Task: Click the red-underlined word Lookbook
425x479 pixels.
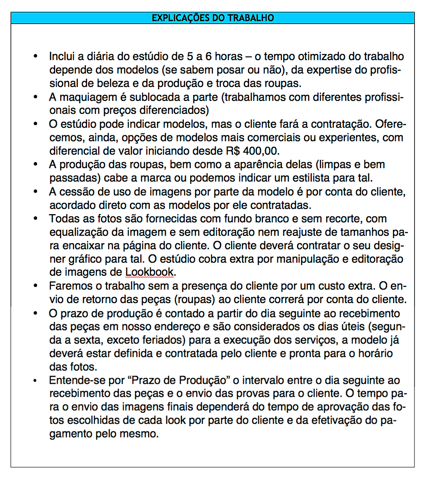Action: (x=149, y=272)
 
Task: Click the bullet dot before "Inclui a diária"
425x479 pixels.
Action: (x=37, y=57)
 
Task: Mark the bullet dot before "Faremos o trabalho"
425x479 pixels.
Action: (x=37, y=286)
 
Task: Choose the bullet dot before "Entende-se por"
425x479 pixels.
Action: (x=37, y=380)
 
